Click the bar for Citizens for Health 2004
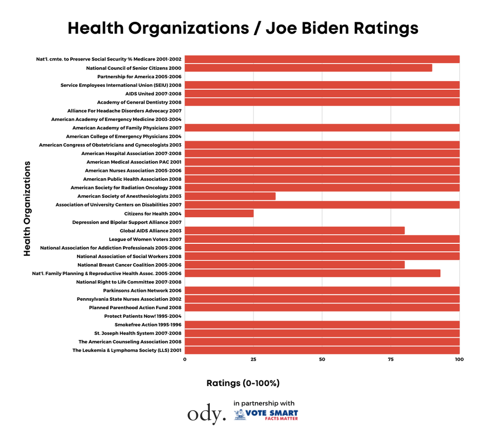tap(219, 214)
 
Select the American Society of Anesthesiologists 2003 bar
tap(230, 196)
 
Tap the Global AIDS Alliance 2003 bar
tap(295, 230)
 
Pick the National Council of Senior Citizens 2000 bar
tap(308, 68)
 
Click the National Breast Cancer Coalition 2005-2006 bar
tap(295, 265)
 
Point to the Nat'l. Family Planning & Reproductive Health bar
tap(312, 274)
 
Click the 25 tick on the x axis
tap(253, 359)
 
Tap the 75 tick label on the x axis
tap(391, 359)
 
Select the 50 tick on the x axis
tap(322, 359)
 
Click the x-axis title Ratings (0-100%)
tap(243, 383)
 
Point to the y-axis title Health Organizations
tap(27, 208)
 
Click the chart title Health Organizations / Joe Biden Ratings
tap(243, 28)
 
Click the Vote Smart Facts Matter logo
tap(266, 415)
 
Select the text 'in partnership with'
tap(264, 403)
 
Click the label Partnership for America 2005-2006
tap(139, 77)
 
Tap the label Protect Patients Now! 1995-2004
tap(143, 316)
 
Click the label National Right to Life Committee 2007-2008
tap(128, 282)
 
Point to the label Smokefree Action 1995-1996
tap(148, 325)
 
